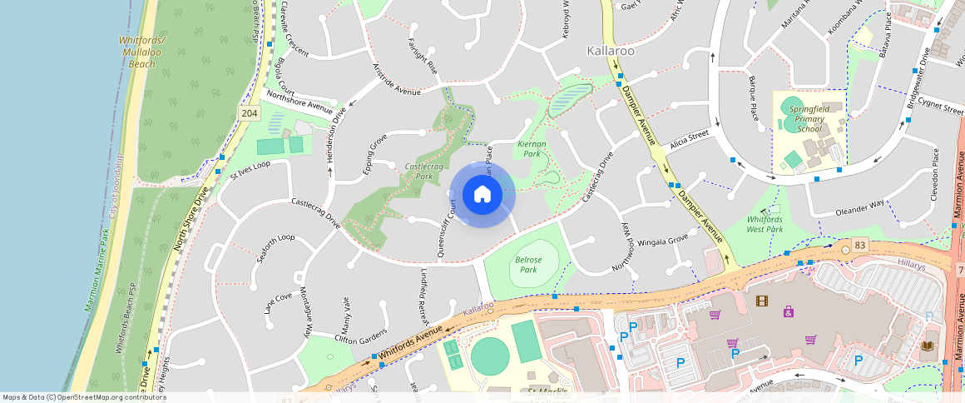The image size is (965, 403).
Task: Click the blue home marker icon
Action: pos(482,195)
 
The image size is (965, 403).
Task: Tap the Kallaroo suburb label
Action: pos(611,51)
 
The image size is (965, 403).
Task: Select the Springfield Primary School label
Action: pos(809,119)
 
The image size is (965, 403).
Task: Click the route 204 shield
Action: pos(249,112)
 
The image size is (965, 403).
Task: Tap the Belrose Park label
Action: pos(528,265)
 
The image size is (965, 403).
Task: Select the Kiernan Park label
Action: pos(530,148)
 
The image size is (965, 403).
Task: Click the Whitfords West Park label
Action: pos(765,223)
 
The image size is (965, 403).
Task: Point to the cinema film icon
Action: pos(761,301)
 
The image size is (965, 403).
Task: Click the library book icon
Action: pos(928,346)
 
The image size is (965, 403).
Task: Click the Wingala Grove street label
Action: pos(666,239)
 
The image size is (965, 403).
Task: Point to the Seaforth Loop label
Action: pos(275,248)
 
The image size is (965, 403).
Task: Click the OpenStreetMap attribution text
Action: pos(83,397)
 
